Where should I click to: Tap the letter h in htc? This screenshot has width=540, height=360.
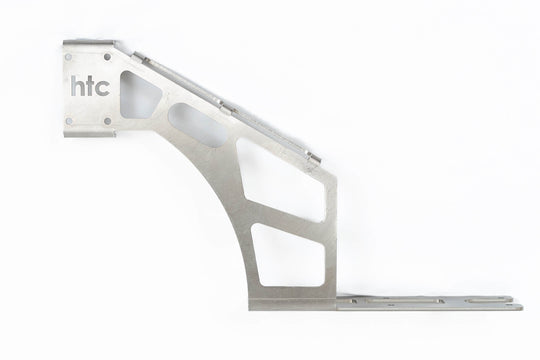point(76,87)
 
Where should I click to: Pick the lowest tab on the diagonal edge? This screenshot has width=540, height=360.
point(313,156)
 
